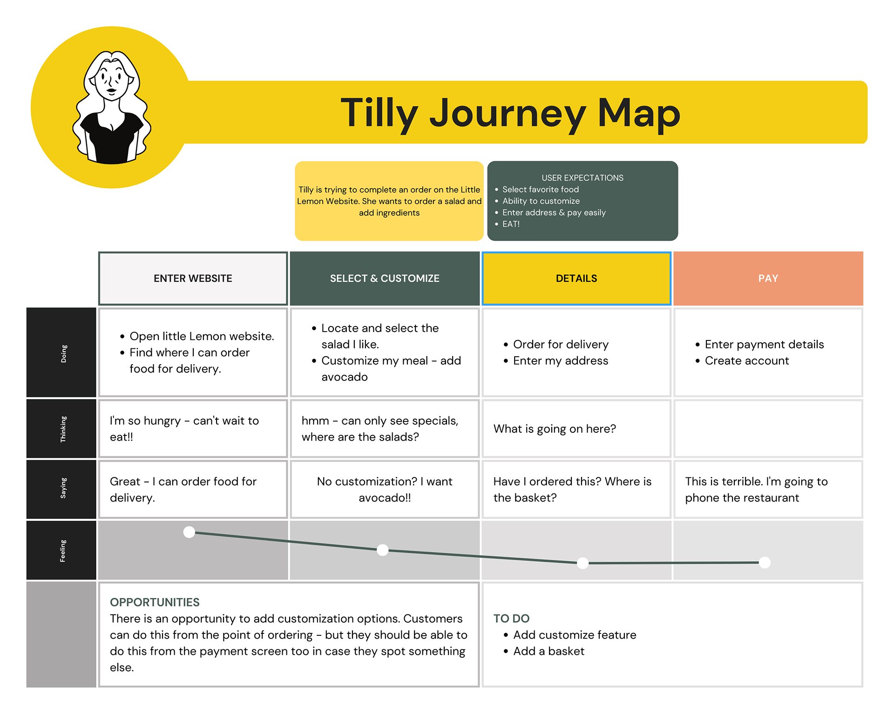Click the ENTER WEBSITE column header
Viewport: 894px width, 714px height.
[193, 279]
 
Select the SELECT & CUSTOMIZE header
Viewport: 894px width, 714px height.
[385, 279]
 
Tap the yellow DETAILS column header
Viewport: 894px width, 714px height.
[576, 279]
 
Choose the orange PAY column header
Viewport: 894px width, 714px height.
[768, 279]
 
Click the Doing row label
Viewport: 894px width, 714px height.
[64, 354]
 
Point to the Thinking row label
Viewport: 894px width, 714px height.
[63, 429]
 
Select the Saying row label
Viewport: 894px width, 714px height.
[63, 488]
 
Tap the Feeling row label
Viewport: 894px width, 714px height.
[63, 551]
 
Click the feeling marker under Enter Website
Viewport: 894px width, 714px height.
[189, 532]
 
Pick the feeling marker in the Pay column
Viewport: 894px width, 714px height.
[765, 563]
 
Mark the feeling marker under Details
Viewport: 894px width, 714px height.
[582, 563]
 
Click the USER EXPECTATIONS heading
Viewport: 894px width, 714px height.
[582, 178]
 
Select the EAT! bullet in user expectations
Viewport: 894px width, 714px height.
[511, 224]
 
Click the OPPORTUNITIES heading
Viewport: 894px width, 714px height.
[155, 602]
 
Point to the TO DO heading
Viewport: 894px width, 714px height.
[511, 619]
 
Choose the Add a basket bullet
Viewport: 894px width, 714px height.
[549, 651]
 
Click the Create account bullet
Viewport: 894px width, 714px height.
[746, 360]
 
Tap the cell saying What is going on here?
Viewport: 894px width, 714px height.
[555, 429]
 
